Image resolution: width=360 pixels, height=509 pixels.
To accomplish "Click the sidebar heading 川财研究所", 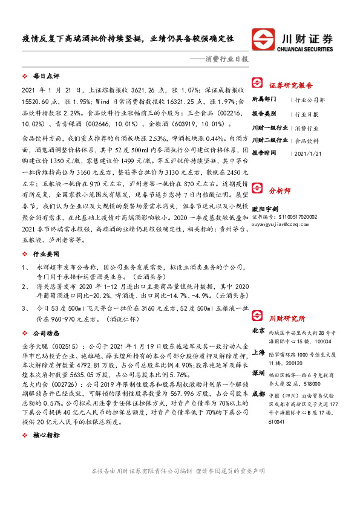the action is (x=287, y=319).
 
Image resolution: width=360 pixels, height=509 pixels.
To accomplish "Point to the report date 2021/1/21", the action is (x=309, y=154).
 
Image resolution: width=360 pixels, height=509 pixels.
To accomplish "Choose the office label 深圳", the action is (x=257, y=374).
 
